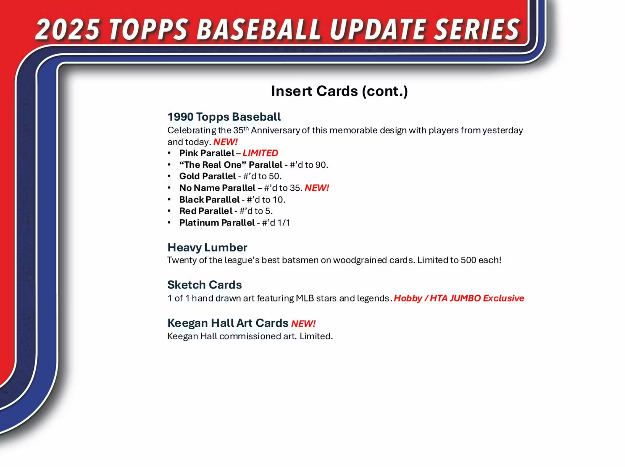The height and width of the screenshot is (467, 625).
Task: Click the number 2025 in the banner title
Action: pos(67,30)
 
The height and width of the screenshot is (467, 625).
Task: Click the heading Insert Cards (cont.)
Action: pos(339,91)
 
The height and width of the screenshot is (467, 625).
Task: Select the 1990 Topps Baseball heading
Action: pos(224,117)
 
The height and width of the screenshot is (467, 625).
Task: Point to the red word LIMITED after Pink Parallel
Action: pos(260,153)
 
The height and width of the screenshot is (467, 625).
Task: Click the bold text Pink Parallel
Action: pos(207,153)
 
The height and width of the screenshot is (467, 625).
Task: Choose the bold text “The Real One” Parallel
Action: pos(231,165)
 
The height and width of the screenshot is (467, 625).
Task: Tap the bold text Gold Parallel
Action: pos(207,176)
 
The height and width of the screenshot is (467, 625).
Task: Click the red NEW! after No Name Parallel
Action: pos(317,188)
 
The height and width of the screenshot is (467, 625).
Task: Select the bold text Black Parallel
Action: pos(209,200)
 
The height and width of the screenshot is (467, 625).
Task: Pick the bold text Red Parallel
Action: pos(206,211)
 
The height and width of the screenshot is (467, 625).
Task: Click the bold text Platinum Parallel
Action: pos(217,223)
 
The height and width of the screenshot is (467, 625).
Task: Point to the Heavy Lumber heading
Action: pos(207,247)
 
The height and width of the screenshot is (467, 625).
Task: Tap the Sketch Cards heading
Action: pos(204,285)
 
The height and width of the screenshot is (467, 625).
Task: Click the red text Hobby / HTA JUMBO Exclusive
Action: pos(459,298)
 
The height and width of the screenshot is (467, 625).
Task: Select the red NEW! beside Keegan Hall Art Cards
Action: pos(303,324)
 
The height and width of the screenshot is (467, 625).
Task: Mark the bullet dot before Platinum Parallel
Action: pos(169,222)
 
